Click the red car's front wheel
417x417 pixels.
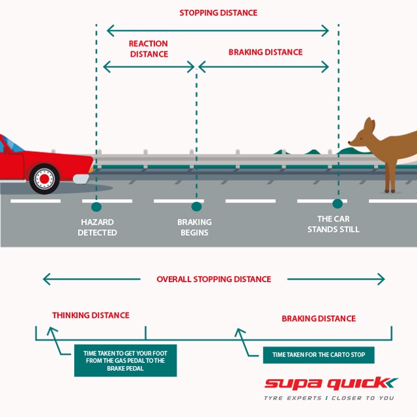pyautogui.click(x=44, y=177)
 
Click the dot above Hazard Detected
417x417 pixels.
pyautogui.click(x=96, y=207)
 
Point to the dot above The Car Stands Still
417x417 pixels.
pyautogui.click(x=337, y=203)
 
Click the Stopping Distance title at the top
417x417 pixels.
pyautogui.click(x=218, y=12)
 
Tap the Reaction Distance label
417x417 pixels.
pyautogui.click(x=148, y=49)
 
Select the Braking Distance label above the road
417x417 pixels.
pyautogui.click(x=265, y=52)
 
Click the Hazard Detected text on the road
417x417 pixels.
pyautogui.click(x=97, y=227)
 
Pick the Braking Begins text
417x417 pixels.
pyautogui.click(x=194, y=227)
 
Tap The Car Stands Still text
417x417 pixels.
pyautogui.click(x=333, y=224)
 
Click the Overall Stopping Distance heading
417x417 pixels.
pyautogui.click(x=213, y=279)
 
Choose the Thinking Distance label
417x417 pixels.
pyautogui.click(x=91, y=315)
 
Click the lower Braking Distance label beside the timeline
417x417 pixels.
pyautogui.click(x=318, y=319)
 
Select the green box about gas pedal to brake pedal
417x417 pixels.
pyautogui.click(x=125, y=360)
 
